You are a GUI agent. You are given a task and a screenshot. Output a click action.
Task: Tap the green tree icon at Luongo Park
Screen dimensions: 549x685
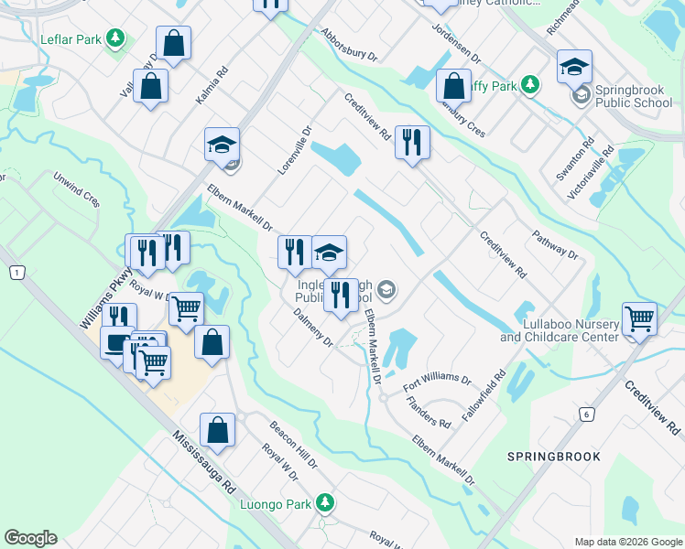click(x=324, y=502)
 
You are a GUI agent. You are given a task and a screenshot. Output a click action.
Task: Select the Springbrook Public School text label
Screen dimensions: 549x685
click(x=633, y=96)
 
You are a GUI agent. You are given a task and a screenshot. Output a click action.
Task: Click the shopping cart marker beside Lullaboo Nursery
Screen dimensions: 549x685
click(x=638, y=319)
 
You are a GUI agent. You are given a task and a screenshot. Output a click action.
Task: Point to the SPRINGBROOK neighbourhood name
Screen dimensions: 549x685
click(x=555, y=456)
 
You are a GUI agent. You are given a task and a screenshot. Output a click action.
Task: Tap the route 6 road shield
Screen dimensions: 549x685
click(x=584, y=414)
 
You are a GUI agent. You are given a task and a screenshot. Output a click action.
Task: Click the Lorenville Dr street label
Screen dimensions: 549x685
click(x=295, y=151)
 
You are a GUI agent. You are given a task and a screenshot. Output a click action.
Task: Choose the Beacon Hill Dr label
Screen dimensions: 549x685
click(x=293, y=445)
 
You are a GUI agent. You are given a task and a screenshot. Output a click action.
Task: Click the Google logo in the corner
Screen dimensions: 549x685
click(x=30, y=538)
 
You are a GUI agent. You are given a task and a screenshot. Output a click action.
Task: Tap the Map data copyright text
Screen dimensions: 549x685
click(x=627, y=541)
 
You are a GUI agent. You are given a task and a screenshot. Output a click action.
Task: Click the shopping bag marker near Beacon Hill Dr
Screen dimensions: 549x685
click(x=218, y=429)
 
